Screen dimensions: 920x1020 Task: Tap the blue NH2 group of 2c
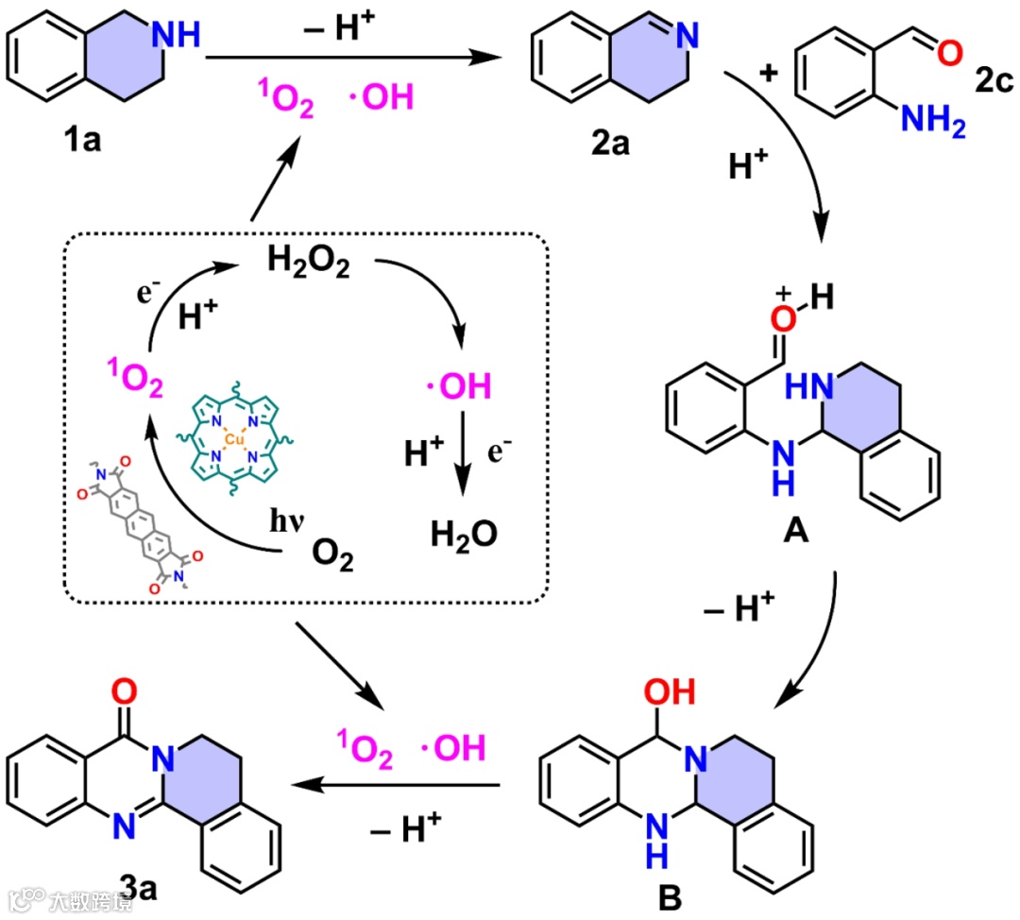pyautogui.click(x=933, y=122)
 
